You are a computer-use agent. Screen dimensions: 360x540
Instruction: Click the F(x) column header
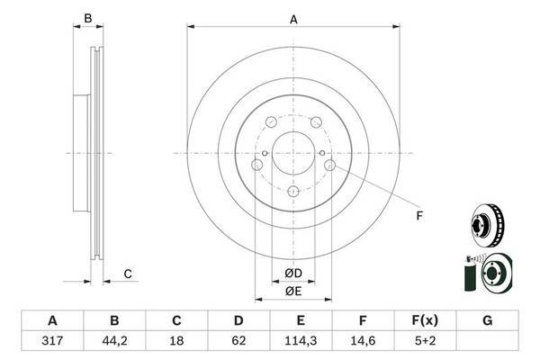tap(426, 320)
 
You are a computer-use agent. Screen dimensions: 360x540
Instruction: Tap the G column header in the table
tap(488, 320)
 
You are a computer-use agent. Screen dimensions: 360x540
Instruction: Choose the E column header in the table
tap(301, 320)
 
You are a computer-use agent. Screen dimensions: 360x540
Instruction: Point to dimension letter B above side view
tap(87, 18)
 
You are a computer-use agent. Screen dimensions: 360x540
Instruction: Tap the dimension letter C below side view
tap(128, 274)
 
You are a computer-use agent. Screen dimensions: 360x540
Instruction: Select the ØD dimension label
tap(293, 273)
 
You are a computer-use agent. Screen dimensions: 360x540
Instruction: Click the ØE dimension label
tap(293, 290)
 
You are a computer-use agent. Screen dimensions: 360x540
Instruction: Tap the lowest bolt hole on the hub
tap(293, 191)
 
